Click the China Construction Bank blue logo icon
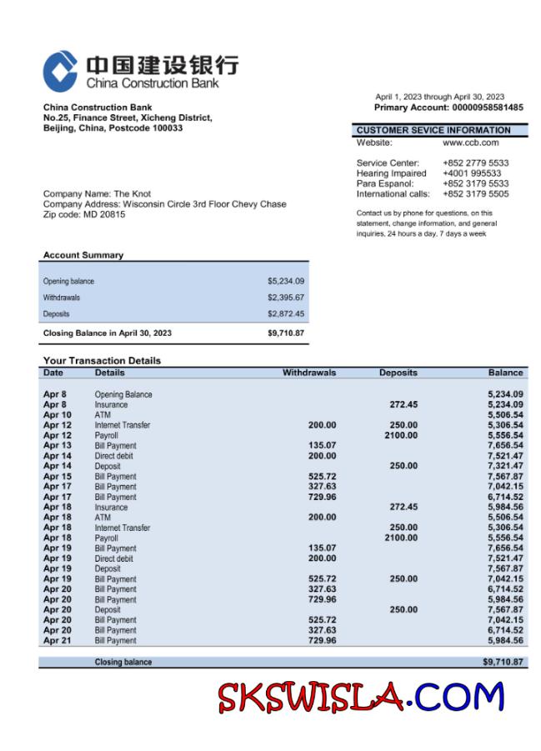pos(60,71)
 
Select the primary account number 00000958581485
pos(488,108)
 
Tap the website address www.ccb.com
pos(470,143)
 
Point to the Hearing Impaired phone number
pos(472,173)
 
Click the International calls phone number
pos(475,194)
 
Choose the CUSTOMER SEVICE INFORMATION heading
pos(433,130)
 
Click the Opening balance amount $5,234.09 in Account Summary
pos(285,282)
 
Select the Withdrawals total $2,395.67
pos(285,298)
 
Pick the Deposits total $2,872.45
pos(285,314)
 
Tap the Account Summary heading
pos(83,255)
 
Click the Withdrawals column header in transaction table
pos(309,373)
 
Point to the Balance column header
pos(505,373)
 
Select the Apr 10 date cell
pos(57,415)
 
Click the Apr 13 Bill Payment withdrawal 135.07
pos(322,446)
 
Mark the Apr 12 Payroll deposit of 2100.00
pos(401,435)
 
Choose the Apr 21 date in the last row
pos(57,641)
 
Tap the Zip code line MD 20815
pos(84,214)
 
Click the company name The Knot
pos(132,194)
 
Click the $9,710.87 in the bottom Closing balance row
pos(503,662)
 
